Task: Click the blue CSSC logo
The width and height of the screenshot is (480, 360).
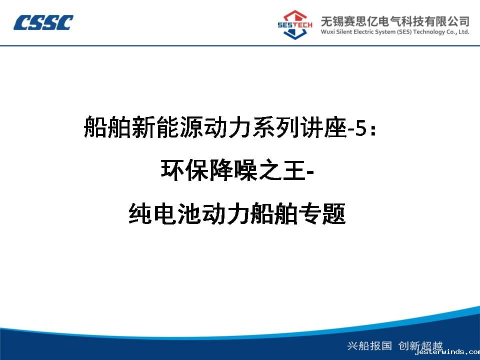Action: (x=43, y=22)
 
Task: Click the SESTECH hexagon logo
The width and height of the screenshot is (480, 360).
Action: (x=295, y=25)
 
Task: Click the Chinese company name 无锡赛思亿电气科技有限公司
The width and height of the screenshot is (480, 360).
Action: (x=395, y=21)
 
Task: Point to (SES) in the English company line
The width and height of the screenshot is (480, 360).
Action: (x=404, y=32)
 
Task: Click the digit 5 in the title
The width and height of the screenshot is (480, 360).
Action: (x=361, y=128)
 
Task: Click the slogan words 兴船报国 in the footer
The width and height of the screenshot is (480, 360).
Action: (x=369, y=345)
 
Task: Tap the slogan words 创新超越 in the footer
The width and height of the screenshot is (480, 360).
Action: (x=420, y=345)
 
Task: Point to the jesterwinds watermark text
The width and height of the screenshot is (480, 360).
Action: (x=447, y=352)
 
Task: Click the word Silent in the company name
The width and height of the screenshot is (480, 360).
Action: (x=344, y=31)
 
